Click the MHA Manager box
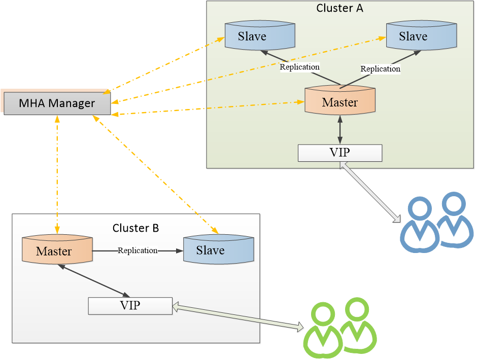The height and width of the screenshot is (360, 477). click(x=57, y=103)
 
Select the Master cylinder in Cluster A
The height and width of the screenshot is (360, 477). click(x=339, y=102)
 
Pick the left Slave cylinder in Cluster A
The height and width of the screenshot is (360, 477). click(x=252, y=37)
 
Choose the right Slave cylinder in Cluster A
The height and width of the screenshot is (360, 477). click(x=413, y=37)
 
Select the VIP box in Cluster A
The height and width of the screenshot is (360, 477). click(x=339, y=153)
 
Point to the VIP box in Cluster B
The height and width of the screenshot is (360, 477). click(x=130, y=305)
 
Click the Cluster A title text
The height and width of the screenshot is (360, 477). click(x=339, y=8)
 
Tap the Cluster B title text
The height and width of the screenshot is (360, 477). click(x=135, y=228)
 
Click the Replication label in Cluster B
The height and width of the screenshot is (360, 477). click(x=138, y=250)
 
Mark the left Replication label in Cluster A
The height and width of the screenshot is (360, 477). click(x=300, y=67)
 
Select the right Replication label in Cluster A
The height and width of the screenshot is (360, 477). click(x=380, y=68)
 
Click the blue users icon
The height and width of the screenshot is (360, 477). click(x=436, y=223)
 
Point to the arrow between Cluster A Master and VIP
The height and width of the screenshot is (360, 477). click(x=339, y=130)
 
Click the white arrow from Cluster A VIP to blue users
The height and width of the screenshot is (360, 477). click(x=370, y=193)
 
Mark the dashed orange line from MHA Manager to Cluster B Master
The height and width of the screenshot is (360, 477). click(x=57, y=172)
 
